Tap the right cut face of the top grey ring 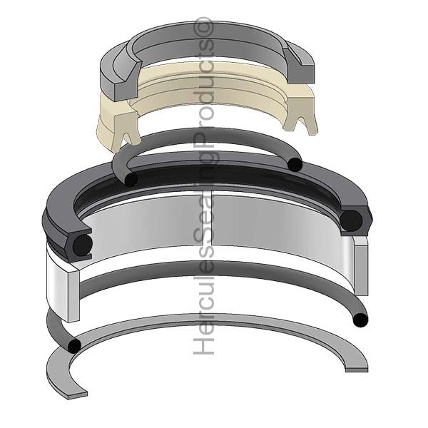301,68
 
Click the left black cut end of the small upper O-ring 131,180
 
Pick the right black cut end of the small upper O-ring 295,164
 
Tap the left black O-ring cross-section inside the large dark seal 83,245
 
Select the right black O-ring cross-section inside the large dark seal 352,220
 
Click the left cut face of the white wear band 73,296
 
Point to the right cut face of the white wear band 361,269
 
